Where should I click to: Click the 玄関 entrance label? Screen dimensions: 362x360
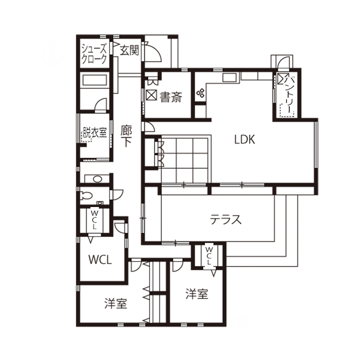[x=129, y=50]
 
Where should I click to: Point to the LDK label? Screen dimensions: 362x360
[x=245, y=140]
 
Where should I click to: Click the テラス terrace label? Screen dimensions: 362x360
[x=226, y=220]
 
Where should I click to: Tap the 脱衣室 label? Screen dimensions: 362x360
[x=95, y=132]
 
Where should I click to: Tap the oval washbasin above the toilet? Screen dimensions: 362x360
[x=96, y=179]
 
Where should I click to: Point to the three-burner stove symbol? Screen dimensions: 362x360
[x=200, y=93]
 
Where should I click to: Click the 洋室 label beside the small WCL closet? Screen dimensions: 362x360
[x=197, y=294]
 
